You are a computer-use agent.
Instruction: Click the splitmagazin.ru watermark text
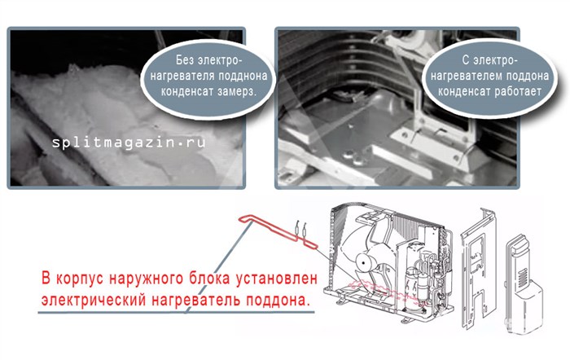coord(129,143)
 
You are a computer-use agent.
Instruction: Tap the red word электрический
coord(94,301)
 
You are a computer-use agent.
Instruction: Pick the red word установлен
coord(278,279)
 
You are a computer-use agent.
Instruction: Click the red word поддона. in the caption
coord(278,301)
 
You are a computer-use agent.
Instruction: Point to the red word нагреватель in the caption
coord(196,301)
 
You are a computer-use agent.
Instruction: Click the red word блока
coord(210,279)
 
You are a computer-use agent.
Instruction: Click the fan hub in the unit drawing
coord(365,262)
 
